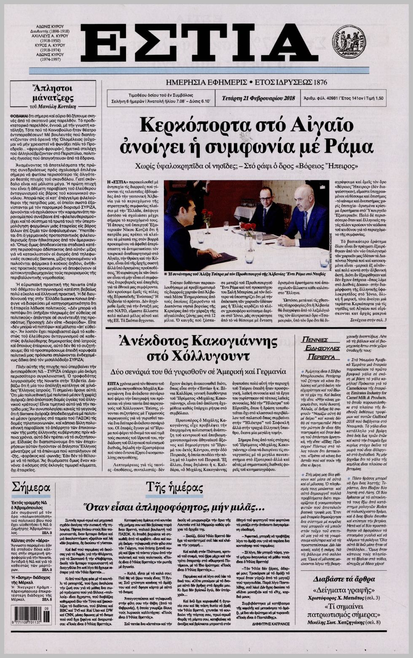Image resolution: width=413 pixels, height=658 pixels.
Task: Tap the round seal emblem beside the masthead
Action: pyautogui.click(x=349, y=42)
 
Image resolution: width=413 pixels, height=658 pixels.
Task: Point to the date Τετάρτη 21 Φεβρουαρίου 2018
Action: pyautogui.click(x=258, y=98)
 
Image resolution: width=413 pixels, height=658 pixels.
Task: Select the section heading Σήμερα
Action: pyautogui.click(x=32, y=488)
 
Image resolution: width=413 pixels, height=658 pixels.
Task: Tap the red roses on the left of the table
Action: pyautogui.click(x=206, y=217)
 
